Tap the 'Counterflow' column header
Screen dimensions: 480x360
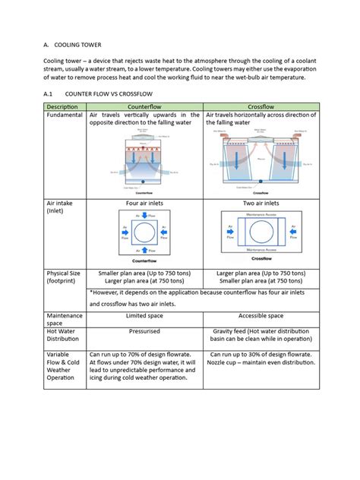coord(144,106)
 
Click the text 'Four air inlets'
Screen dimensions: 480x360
coord(144,204)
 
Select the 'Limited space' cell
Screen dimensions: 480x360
coord(144,315)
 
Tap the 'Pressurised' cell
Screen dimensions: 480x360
coord(144,332)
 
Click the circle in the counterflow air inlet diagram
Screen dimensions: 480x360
coord(144,236)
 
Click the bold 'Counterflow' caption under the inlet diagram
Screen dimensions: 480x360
coord(144,260)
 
